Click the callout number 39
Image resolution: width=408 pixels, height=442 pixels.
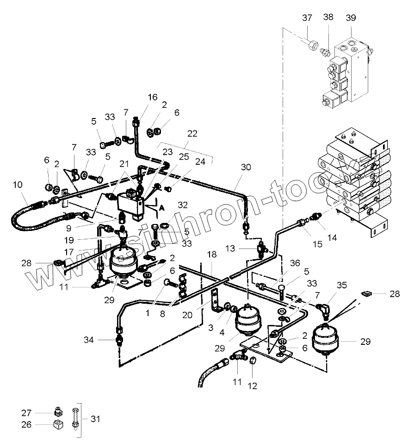coord(351,18)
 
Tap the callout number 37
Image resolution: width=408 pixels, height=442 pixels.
coord(307,18)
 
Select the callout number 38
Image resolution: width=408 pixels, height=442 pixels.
coord(328,17)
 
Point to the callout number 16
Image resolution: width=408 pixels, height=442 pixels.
coord(153,97)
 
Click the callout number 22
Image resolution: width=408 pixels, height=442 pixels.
coord(192,133)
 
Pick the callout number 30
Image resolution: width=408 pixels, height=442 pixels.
coord(246,167)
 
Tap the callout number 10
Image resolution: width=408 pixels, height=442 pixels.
coord(18,185)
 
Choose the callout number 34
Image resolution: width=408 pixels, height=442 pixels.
coord(88,340)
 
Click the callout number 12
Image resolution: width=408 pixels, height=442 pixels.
coord(253,386)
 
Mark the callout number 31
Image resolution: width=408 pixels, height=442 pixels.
coord(95,419)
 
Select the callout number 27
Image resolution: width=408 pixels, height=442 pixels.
coord(26,413)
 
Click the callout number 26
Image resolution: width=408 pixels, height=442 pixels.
coord(26,424)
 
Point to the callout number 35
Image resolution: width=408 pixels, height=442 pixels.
coord(341,285)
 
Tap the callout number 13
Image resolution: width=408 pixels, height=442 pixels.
coord(230,249)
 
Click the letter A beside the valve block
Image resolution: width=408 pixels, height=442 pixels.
coord(162,208)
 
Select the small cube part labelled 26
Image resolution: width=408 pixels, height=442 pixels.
coord(58,424)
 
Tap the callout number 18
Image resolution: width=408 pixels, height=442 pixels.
coord(211,255)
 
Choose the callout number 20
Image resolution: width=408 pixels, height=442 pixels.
coord(187,315)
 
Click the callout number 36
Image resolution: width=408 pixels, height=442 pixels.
coord(295,263)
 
